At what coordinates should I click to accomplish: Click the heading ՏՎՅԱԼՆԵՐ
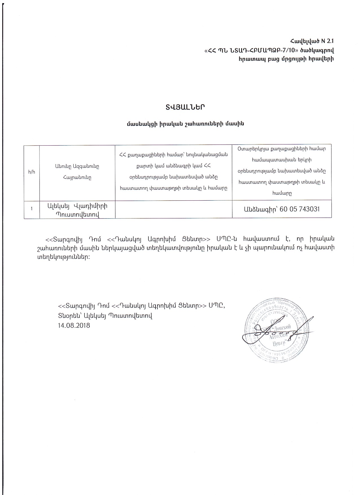pyautogui.click(x=185, y=108)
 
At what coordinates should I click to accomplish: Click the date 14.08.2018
pyautogui.click(x=74, y=325)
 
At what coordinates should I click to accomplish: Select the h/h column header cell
pyautogui.click(x=32, y=172)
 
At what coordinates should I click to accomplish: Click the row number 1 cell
pyautogui.click(x=32, y=209)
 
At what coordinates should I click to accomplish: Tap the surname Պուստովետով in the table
pyautogui.click(x=77, y=214)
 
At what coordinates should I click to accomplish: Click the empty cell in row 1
pyautogui.click(x=174, y=209)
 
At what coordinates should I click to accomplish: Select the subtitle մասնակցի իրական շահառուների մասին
pyautogui.click(x=185, y=124)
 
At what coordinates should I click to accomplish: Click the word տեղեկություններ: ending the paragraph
pyautogui.click(x=67, y=257)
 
